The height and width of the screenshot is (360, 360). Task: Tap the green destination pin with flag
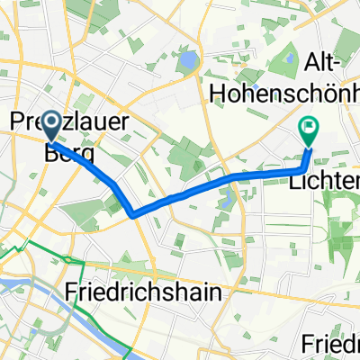point(309,132)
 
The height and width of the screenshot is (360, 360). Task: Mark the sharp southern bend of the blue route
point(133,214)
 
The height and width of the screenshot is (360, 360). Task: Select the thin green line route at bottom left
point(36,245)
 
